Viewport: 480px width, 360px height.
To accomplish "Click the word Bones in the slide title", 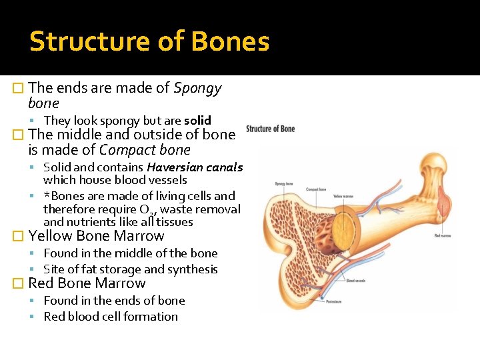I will pos(230,41).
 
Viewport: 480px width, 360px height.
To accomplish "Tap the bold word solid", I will pos(197,121).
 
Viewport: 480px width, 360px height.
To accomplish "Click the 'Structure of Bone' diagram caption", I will pos(271,129).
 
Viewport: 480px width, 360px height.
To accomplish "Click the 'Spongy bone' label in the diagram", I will pos(284,183).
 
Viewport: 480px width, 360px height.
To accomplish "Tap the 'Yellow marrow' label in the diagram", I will pos(343,196).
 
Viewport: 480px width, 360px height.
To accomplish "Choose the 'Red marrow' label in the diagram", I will pos(443,235).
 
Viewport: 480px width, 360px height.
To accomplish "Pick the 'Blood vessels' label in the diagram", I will pos(355,281).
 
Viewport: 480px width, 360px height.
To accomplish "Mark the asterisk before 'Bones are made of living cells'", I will pos(47,196).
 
